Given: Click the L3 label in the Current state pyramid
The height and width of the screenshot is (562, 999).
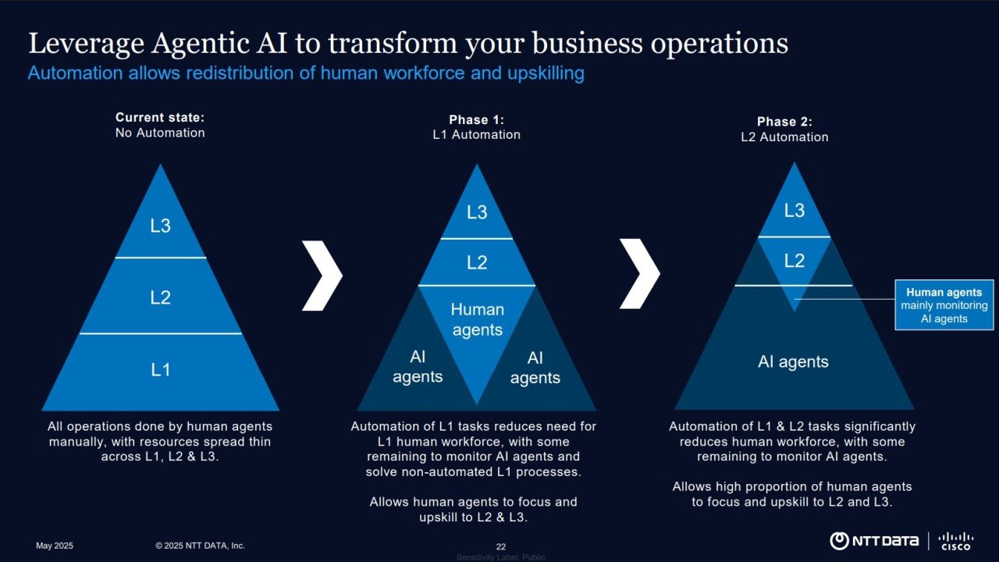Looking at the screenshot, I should click(x=160, y=226).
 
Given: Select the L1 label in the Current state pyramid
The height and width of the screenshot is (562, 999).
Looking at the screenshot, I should click(x=160, y=369).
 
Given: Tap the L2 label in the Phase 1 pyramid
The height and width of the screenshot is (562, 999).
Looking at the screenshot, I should click(x=477, y=263).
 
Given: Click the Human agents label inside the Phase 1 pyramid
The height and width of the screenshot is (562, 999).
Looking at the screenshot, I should click(x=477, y=320).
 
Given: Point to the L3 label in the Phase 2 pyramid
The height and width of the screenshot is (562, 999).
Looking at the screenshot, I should click(x=794, y=211).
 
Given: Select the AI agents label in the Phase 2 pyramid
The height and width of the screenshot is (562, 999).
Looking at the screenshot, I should click(x=793, y=362).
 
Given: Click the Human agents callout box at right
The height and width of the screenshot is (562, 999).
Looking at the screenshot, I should click(x=944, y=305).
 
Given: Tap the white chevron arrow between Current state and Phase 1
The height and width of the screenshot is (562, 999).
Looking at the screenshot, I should click(x=322, y=276).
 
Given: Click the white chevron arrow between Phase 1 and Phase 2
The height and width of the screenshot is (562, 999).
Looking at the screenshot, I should click(x=639, y=273).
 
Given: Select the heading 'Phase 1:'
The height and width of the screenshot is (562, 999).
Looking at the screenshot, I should click(x=476, y=120).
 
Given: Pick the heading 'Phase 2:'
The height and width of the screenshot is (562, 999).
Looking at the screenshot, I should click(x=784, y=122).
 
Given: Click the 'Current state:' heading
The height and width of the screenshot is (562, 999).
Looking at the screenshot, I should click(x=160, y=118).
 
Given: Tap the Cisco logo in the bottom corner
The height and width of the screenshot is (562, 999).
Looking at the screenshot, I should click(x=955, y=541).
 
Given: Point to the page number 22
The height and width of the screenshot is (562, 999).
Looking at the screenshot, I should click(x=501, y=546).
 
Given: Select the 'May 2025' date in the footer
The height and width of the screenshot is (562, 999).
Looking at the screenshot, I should click(x=55, y=546).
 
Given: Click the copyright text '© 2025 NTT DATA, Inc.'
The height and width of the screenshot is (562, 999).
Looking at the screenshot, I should click(x=200, y=546).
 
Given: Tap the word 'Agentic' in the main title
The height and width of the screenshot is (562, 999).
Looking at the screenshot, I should click(x=203, y=44).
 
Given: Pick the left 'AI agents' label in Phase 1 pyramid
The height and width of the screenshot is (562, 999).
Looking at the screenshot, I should click(x=418, y=367).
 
